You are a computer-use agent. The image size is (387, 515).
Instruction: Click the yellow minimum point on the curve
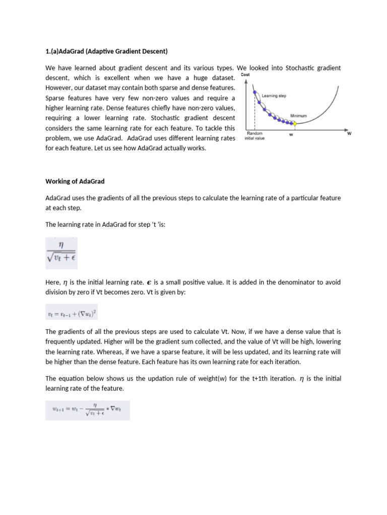[295, 123]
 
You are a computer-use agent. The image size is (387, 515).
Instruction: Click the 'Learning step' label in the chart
[275, 95]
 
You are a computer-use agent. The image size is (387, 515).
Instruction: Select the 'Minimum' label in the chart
[299, 116]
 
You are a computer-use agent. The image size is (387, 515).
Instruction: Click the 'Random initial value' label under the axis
[254, 136]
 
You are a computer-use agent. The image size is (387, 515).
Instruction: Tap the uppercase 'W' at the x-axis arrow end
[349, 134]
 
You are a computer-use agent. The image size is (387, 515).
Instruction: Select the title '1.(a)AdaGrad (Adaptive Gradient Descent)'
[106, 51]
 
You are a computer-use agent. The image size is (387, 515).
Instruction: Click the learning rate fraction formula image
[61, 253]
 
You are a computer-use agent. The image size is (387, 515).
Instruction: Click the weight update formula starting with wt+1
[87, 410]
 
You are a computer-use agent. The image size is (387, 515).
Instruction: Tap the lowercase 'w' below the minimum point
[291, 134]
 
